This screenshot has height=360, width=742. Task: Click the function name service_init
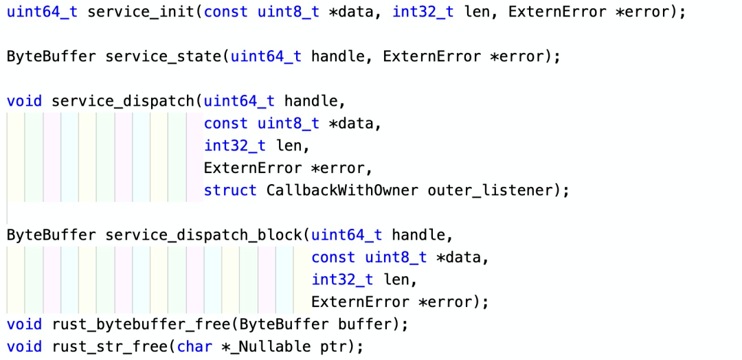pyautogui.click(x=142, y=12)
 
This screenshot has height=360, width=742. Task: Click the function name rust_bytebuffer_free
pyautogui.click(x=142, y=325)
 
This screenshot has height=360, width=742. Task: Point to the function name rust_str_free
pyautogui.click(x=110, y=347)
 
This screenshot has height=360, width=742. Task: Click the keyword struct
pyautogui.click(x=230, y=190)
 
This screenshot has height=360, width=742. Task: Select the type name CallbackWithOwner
pyautogui.click(x=342, y=190)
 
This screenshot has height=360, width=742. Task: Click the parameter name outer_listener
pyautogui.click(x=491, y=190)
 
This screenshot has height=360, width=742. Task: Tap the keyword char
pyautogui.click(x=194, y=347)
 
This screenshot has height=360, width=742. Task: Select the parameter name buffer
pyautogui.click(x=364, y=325)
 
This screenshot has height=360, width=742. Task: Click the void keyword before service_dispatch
pyautogui.click(x=24, y=101)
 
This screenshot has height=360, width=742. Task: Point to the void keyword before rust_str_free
pyautogui.click(x=24, y=347)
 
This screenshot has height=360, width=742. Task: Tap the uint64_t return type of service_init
pyautogui.click(x=42, y=12)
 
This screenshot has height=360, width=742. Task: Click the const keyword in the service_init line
pyautogui.click(x=226, y=12)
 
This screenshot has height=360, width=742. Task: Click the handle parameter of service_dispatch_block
pyautogui.click(x=418, y=235)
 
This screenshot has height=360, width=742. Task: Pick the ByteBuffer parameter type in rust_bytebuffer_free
pyautogui.click(x=284, y=325)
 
